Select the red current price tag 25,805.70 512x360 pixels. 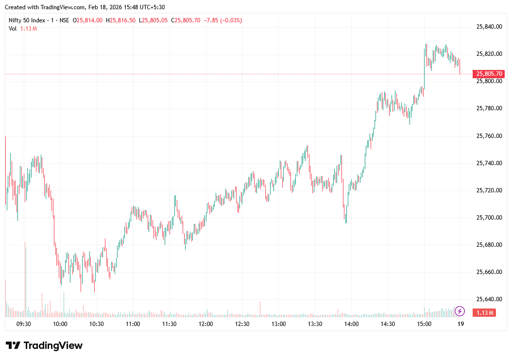[490, 74]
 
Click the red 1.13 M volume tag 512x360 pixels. [485, 312]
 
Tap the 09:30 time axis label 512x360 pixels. [24, 324]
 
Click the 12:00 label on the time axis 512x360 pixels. [205, 324]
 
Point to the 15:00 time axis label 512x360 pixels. [424, 324]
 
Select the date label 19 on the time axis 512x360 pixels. [461, 324]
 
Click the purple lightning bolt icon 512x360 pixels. [460, 311]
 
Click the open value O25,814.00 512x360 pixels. [88, 20]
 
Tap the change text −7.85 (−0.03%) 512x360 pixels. [223, 20]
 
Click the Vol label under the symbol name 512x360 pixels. [13, 29]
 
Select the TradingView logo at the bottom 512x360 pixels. [44, 345]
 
